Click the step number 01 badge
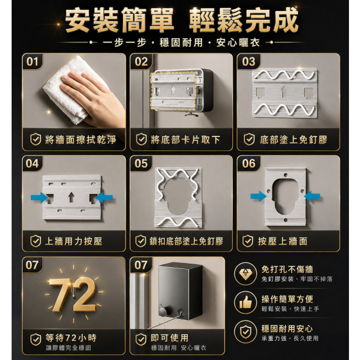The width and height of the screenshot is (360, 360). (32, 62)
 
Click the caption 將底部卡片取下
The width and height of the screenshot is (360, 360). (185, 139)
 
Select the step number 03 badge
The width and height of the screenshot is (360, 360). (249, 62)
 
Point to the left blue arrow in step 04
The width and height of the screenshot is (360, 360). (39, 197)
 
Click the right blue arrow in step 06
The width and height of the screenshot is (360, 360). (312, 196)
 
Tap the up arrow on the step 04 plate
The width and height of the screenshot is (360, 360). (71, 197)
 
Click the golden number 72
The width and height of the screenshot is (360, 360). (73, 294)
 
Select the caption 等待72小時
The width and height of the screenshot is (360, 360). (71, 338)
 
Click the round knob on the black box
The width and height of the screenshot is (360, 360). (163, 312)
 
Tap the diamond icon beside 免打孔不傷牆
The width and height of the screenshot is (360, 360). (246, 273)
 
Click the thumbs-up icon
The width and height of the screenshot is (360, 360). (246, 303)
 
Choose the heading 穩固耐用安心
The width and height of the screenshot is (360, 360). (287, 329)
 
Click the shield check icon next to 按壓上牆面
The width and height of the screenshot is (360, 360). (248, 241)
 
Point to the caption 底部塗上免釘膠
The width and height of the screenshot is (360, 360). (293, 139)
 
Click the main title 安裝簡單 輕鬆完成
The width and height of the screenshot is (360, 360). (181, 20)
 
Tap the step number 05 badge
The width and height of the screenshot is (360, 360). (141, 164)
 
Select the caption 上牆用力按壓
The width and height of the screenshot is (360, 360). (74, 241)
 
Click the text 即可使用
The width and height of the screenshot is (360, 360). (170, 338)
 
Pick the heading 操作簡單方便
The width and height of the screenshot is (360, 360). (287, 299)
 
